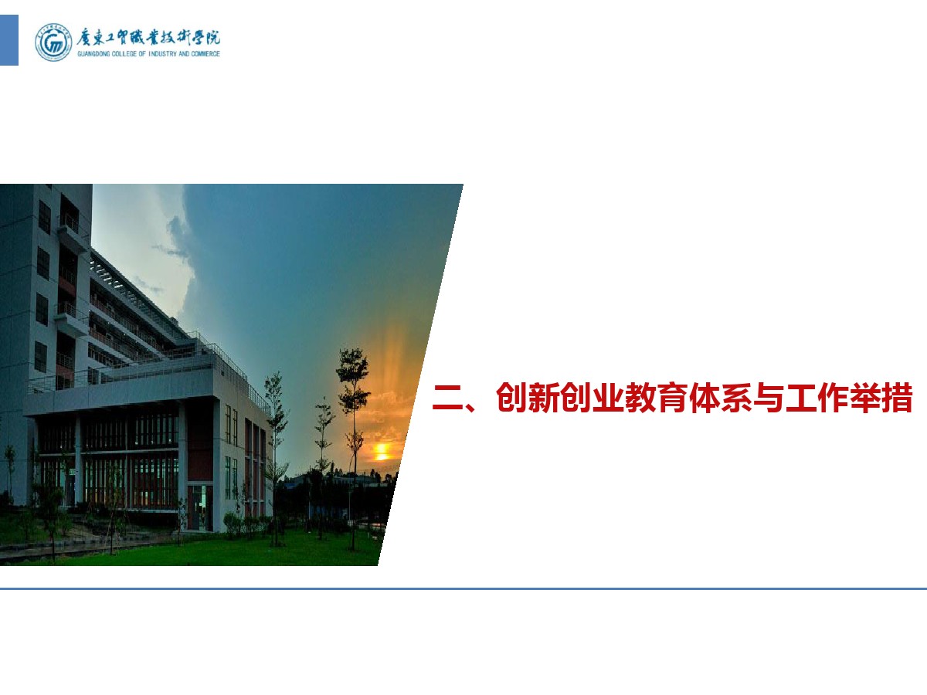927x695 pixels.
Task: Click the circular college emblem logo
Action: (53, 42)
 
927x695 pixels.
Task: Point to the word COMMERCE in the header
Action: (205, 53)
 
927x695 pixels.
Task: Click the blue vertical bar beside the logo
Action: (8, 40)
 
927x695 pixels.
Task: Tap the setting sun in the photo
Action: (381, 452)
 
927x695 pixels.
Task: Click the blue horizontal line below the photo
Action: (463, 588)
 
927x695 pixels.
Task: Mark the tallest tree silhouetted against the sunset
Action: (353, 447)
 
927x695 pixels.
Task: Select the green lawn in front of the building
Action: (211, 551)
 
